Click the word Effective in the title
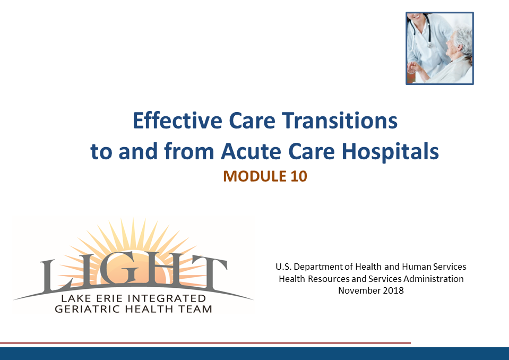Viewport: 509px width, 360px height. point(177,121)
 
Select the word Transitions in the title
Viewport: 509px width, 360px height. point(340,121)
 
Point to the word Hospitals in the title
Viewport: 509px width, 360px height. point(390,151)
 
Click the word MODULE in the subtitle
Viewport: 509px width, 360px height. point(255,176)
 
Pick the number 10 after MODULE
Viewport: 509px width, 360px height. point(299,176)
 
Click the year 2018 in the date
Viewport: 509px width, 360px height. point(393,290)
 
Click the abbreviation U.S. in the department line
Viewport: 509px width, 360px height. point(283,267)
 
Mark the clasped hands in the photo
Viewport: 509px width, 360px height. point(413,67)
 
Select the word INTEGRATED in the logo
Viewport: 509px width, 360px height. point(167,298)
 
